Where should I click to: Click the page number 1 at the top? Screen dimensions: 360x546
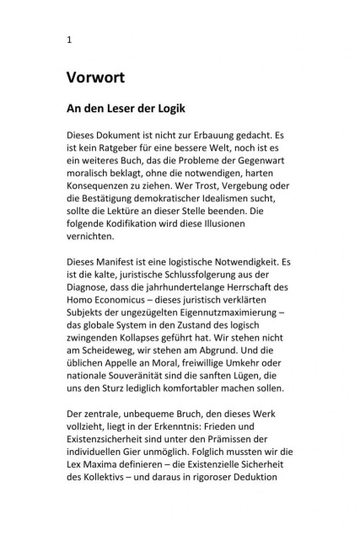69,40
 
